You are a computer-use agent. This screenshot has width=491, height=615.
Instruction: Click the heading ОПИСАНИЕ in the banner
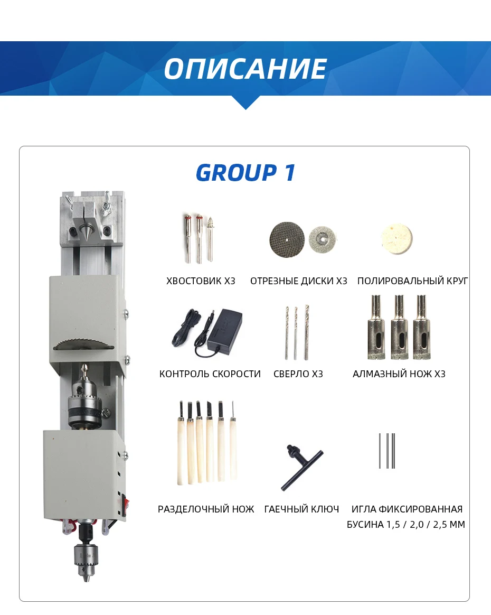[x=245, y=69]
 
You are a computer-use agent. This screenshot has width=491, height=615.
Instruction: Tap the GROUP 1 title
[x=245, y=173]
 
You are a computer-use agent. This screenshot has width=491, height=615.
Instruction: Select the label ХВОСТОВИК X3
[x=201, y=281]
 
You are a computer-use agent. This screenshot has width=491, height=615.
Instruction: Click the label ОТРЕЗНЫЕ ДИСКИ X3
[x=298, y=281]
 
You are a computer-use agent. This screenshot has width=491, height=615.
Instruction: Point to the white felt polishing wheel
[x=396, y=238]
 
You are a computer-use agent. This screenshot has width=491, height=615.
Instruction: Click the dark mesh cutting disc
[x=287, y=239]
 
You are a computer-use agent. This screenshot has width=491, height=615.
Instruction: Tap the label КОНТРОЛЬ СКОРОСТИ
[x=210, y=374]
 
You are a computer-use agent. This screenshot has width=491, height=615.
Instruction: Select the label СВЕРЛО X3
[x=298, y=374]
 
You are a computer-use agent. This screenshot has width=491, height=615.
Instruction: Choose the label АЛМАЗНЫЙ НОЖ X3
[x=399, y=374]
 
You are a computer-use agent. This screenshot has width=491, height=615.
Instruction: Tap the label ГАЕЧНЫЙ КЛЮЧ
[x=301, y=509]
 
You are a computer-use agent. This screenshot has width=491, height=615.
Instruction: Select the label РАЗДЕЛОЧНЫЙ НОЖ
[x=206, y=509]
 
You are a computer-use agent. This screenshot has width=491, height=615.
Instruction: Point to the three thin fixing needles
[x=387, y=451]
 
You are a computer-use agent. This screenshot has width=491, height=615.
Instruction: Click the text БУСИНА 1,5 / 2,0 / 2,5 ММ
[x=405, y=525]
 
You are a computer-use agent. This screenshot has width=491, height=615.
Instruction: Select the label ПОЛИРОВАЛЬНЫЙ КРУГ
[x=412, y=281]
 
